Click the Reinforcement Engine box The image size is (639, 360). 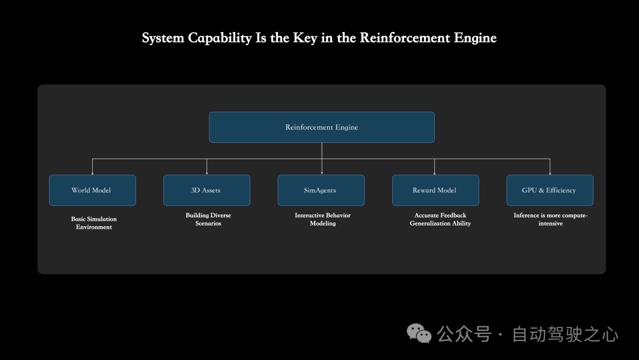click(322, 127)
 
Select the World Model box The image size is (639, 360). click(92, 190)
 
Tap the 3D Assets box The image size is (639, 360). click(206, 190)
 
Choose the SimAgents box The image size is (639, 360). click(321, 190)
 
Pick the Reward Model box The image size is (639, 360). click(435, 190)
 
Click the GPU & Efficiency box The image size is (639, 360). click(550, 190)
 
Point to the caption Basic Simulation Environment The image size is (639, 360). click(94, 223)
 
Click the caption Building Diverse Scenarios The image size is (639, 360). click(208, 219)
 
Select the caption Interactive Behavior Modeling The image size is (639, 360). click(322, 219)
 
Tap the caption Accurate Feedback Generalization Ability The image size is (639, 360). click(440, 219)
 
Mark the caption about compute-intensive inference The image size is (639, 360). click(550, 219)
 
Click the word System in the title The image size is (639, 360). click(163, 38)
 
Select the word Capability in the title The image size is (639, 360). click(220, 38)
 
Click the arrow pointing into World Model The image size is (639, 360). click(92, 171)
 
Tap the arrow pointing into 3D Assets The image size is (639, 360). click(206, 171)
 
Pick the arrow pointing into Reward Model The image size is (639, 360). click(435, 171)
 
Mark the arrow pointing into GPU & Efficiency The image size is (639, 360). click(550, 171)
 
